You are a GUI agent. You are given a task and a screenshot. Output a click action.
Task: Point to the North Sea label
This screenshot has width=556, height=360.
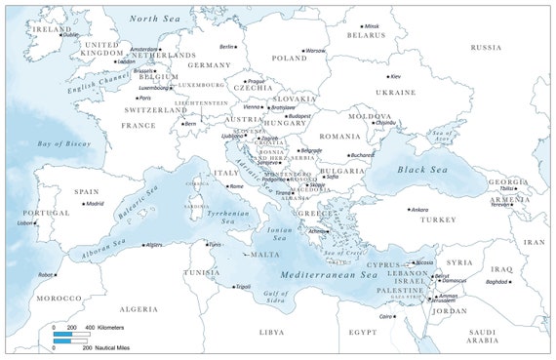click(x=157, y=19)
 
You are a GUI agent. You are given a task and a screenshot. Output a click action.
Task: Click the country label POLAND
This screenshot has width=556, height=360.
click(x=290, y=58)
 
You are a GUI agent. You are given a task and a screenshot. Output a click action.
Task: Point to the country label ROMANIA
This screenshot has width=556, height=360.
click(x=338, y=137)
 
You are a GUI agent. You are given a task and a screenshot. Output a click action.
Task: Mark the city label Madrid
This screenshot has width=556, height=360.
click(x=94, y=204)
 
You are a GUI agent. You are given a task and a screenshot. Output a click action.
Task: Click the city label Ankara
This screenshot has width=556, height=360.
click(x=419, y=209)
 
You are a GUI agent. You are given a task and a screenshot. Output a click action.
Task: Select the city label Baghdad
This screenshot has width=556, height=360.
click(x=496, y=282)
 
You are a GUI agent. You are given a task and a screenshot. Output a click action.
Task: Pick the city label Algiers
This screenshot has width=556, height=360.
click(x=154, y=245)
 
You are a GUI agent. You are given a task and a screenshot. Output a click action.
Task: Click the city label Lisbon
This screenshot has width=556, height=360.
click(x=25, y=222)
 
